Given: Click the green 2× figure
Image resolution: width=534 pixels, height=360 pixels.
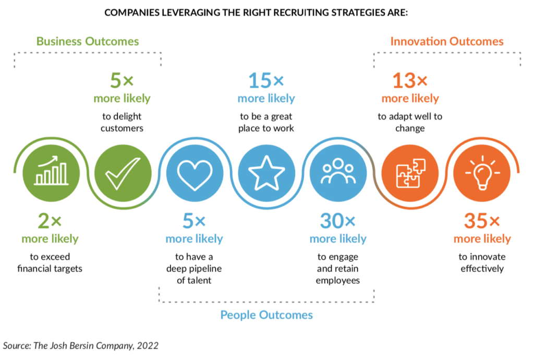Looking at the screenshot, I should tap(50, 221).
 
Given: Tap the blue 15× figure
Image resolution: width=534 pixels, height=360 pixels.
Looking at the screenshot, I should tap(266, 80).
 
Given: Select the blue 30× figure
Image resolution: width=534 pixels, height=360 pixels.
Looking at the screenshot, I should tap(338, 221).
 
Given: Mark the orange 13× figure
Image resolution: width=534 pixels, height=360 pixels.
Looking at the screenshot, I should tap(410, 80).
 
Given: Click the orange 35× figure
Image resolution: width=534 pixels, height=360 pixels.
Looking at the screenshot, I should tap(482, 221).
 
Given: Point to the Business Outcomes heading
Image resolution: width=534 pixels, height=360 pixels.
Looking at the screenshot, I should tap(88, 41).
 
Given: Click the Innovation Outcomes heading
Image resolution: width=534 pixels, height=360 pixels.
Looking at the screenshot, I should tap(447, 41).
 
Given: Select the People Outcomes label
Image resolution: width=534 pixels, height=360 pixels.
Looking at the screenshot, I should tap(266, 315).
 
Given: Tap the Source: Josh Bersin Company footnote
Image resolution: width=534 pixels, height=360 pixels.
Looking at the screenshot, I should tap(81, 345).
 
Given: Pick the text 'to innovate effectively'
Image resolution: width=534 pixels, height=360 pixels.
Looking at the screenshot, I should tap(482, 263).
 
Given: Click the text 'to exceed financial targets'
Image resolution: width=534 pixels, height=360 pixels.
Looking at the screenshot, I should tap(50, 263).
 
